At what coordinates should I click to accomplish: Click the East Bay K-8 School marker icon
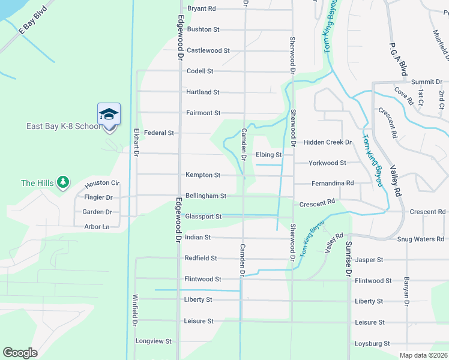click(x=109, y=114)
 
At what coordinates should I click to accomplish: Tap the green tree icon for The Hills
click(x=63, y=183)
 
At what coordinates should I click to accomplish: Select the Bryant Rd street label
click(x=201, y=8)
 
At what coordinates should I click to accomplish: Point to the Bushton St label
click(x=203, y=29)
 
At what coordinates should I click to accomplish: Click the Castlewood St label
click(x=208, y=50)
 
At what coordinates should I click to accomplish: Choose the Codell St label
click(x=200, y=71)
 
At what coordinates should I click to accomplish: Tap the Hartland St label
click(x=203, y=92)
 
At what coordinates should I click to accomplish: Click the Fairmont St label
click(x=203, y=113)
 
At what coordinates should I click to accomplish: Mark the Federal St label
click(x=158, y=133)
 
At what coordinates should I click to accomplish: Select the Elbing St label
click(x=268, y=155)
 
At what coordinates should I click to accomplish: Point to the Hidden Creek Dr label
click(x=327, y=142)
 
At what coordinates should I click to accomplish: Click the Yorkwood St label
click(x=327, y=163)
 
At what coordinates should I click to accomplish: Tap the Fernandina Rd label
click(x=333, y=183)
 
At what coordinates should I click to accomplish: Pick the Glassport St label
click(x=203, y=217)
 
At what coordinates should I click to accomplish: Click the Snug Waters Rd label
click(x=420, y=239)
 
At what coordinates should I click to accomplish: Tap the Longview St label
click(x=154, y=341)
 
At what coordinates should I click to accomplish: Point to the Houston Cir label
click(x=102, y=184)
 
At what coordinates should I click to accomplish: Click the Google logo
click(x=20, y=353)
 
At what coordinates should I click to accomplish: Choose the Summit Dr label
click(x=426, y=82)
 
